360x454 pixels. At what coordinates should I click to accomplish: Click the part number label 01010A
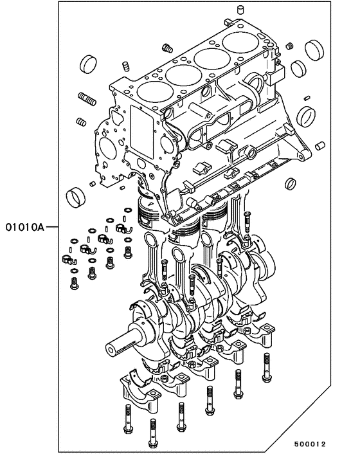click(x=24, y=227)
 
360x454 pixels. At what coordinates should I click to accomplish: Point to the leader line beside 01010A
click(x=52, y=227)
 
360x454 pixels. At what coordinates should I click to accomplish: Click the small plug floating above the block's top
click(x=242, y=9)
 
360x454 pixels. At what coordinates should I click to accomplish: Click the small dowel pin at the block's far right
click(x=318, y=146)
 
